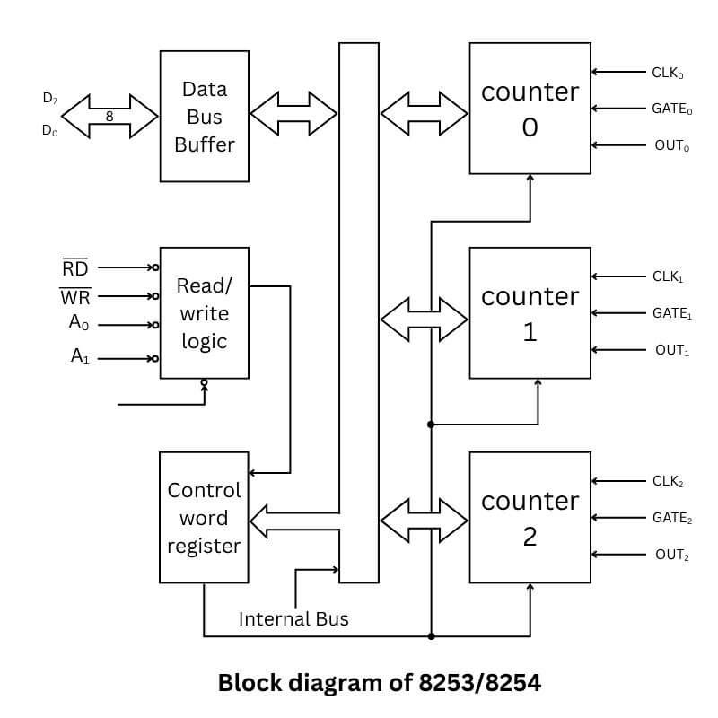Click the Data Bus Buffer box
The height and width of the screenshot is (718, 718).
pyautogui.click(x=204, y=116)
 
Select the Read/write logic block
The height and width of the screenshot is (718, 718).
pyautogui.click(x=204, y=313)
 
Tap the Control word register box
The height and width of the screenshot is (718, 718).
pyautogui.click(x=204, y=517)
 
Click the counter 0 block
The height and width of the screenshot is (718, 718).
pyautogui.click(x=530, y=109)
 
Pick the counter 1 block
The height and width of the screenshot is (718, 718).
pyautogui.click(x=530, y=313)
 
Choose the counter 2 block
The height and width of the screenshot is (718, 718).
pyautogui.click(x=530, y=517)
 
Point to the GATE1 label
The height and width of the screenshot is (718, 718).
pyautogui.click(x=672, y=314)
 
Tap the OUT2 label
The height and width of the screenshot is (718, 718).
pyautogui.click(x=672, y=555)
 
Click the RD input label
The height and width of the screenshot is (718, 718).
pyautogui.click(x=74, y=267)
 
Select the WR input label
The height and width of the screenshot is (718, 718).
pyautogui.click(x=74, y=296)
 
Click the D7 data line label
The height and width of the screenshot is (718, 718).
pyautogui.click(x=50, y=99)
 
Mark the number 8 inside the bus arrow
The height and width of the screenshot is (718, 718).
pyautogui.click(x=109, y=116)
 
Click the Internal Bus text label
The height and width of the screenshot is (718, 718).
pyautogui.click(x=293, y=619)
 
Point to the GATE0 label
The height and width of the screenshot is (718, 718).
pyautogui.click(x=672, y=109)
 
